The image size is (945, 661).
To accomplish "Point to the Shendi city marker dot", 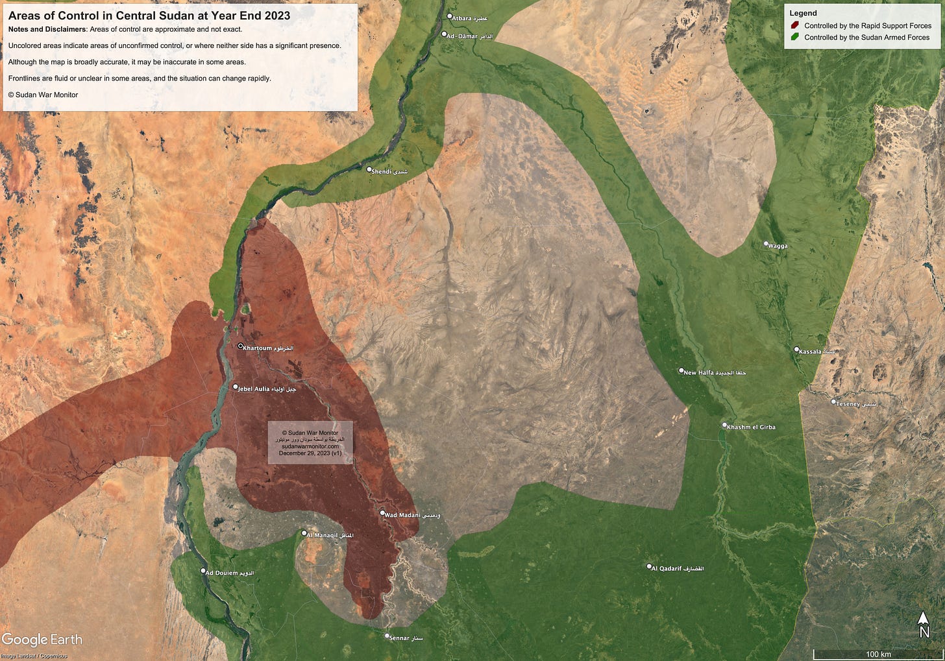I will pyautogui.click(x=369, y=169).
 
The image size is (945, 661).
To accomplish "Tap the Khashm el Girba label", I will pyautogui.click(x=751, y=427).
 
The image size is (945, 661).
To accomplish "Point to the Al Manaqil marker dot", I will pyautogui.click(x=304, y=533).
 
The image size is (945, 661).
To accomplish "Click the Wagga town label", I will pyautogui.click(x=778, y=246).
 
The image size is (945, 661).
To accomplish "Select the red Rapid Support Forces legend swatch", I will pyautogui.click(x=795, y=26).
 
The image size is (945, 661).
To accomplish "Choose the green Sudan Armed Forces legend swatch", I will pyautogui.click(x=795, y=38).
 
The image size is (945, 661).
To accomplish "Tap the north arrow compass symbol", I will pyautogui.click(x=924, y=624).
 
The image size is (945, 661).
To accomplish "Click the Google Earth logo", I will pyautogui.click(x=42, y=640).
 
